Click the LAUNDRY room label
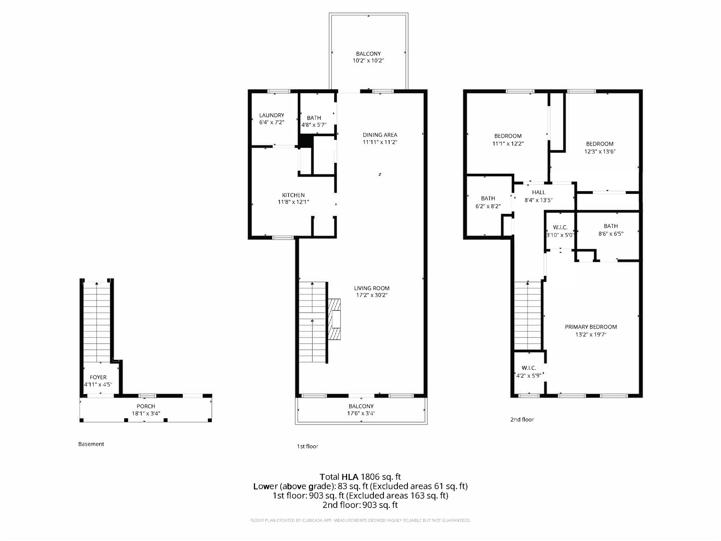[272, 115]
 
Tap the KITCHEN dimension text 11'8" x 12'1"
[293, 202]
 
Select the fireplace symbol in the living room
[335, 319]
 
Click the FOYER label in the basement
[98, 377]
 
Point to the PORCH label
[146, 406]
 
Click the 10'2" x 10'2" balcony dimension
[368, 61]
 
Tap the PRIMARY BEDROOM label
[591, 327]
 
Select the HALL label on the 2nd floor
[539, 192]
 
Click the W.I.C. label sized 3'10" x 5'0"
[560, 227]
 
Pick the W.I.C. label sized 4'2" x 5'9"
[529, 368]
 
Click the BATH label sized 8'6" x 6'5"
[610, 226]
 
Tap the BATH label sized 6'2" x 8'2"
[488, 198]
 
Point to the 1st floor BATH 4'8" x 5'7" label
[314, 118]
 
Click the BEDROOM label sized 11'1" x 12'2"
[508, 136]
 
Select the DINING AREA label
[380, 135]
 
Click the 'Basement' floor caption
[91, 444]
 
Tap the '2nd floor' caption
[522, 419]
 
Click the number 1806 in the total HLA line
[370, 477]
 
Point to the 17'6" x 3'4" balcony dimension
[361, 413]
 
